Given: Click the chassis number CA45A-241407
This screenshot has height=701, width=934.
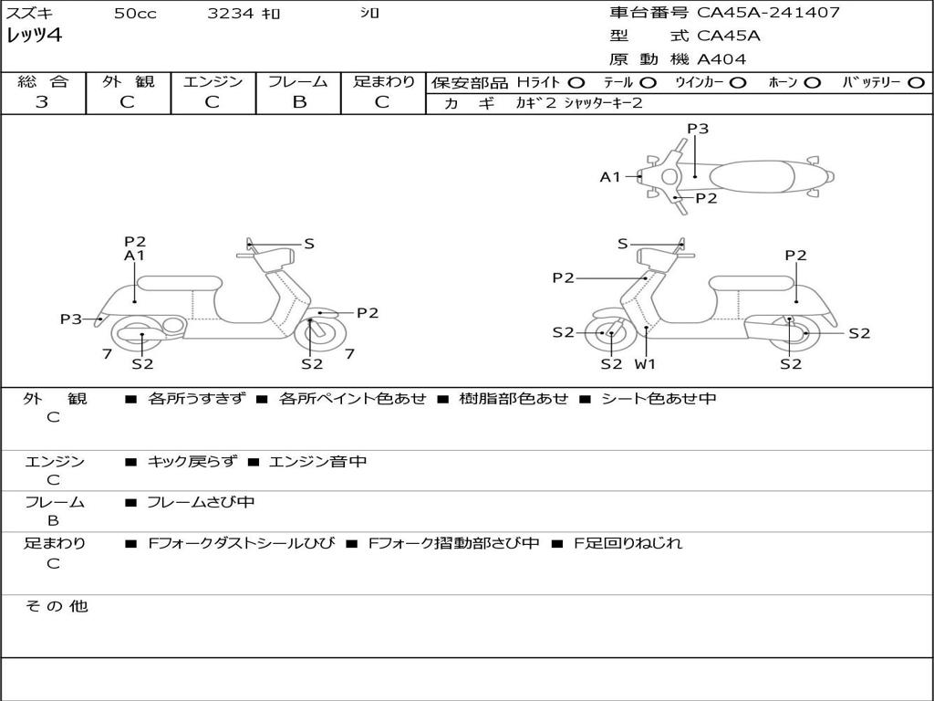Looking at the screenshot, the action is click(768, 13).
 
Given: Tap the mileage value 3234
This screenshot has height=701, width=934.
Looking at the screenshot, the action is click(232, 14).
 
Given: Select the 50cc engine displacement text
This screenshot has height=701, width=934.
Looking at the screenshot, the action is click(135, 14).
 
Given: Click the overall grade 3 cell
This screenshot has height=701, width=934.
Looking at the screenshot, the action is click(42, 102).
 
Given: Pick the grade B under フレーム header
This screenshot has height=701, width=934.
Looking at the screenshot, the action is click(299, 102).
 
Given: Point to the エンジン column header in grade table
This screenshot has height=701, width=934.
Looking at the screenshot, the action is click(213, 81).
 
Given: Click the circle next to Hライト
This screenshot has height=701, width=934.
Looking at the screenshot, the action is click(576, 82).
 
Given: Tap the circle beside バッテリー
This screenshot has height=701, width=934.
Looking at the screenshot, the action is click(916, 82).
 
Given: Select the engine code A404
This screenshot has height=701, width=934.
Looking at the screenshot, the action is click(721, 59).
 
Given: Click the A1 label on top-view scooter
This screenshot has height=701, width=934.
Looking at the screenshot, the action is click(609, 177).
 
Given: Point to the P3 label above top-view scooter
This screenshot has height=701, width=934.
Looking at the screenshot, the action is click(698, 129).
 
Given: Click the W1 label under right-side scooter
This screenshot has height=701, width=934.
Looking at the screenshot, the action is click(646, 364).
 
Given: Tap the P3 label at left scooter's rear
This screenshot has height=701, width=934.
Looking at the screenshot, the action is click(71, 319).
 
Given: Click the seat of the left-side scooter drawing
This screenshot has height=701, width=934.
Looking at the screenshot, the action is click(179, 282).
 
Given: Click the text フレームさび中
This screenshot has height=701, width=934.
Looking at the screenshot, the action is click(201, 502).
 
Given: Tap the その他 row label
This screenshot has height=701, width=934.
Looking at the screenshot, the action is click(56, 606).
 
